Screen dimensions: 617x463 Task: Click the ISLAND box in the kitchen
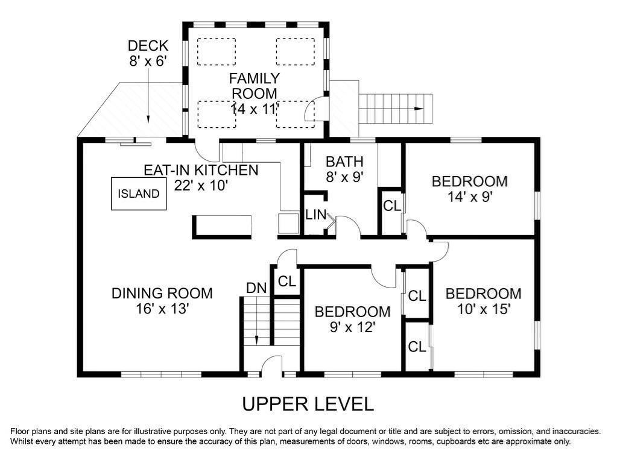pos(139,194)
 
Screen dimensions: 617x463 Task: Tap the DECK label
pos(148,46)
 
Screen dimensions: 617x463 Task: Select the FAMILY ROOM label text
pos(254,86)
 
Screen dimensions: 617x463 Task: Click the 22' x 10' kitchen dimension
pos(201,185)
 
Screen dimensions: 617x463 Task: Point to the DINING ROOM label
pos(162,294)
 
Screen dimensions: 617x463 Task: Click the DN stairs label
pos(256,288)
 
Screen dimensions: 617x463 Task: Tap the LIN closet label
pos(315,215)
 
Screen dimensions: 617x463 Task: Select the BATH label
pos(344,162)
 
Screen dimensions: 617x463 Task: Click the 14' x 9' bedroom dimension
pos(470,197)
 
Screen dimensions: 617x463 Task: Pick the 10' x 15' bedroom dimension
pos(484,309)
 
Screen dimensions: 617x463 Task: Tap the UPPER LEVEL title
pos(308,404)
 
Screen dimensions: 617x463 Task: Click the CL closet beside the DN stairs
pos(287,282)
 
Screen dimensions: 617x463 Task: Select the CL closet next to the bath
pos(392,206)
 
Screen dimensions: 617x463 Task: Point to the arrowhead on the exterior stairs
pos(419,109)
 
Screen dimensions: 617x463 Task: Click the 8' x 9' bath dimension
pos(344,177)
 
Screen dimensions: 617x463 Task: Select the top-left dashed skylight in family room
pos(217,51)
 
